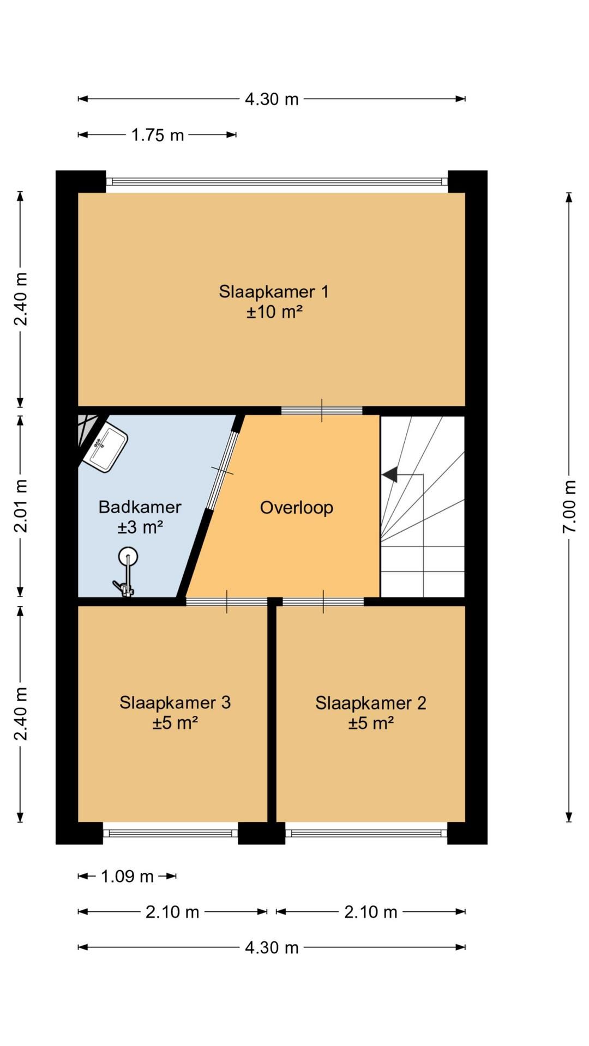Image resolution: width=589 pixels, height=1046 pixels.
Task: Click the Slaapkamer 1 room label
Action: [x=274, y=292]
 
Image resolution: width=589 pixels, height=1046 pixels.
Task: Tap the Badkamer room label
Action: [x=140, y=507]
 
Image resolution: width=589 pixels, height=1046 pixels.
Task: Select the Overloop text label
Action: [x=296, y=508]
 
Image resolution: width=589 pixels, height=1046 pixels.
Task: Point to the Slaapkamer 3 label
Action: [x=175, y=703]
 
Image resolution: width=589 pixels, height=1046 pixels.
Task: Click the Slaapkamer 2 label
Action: [x=371, y=703]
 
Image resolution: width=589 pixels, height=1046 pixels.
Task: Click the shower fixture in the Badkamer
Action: [x=126, y=573]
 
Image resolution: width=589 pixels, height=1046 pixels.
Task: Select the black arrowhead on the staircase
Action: [x=389, y=475]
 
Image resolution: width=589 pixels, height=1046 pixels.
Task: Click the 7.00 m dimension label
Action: [x=569, y=507]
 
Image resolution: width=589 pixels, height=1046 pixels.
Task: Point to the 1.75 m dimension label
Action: [x=158, y=135]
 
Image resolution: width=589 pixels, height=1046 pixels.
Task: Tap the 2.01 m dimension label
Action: [x=21, y=506]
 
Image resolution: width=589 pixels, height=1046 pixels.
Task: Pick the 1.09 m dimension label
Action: [x=127, y=877]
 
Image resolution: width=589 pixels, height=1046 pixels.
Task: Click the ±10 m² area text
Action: [x=274, y=312]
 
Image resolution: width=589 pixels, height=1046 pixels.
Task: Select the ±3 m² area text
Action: [x=140, y=527]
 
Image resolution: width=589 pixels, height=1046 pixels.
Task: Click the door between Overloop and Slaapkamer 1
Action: [x=322, y=411]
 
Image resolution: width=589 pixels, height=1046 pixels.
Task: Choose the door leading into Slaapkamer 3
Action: [x=227, y=602]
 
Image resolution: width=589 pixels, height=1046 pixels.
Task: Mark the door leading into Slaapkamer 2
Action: [x=323, y=602]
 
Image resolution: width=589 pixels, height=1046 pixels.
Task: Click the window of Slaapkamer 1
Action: [x=277, y=181]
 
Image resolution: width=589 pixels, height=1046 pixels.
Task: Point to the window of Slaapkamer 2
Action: [x=366, y=833]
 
